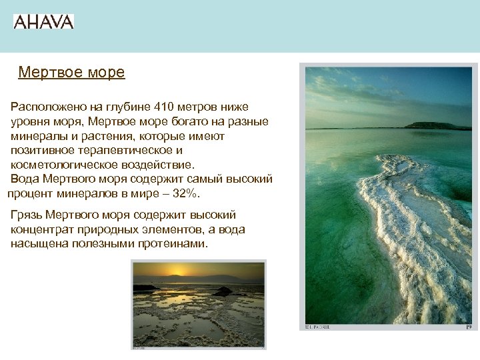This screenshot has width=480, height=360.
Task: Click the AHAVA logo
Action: pos(43,21)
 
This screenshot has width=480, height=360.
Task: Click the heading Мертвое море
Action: pos(71,72)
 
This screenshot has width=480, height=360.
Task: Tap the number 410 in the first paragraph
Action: pos(164,107)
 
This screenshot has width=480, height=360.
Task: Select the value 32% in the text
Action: pos(185,194)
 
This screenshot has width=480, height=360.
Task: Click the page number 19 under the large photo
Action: pos(467,327)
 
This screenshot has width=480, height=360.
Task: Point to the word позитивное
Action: pos(43,151)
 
